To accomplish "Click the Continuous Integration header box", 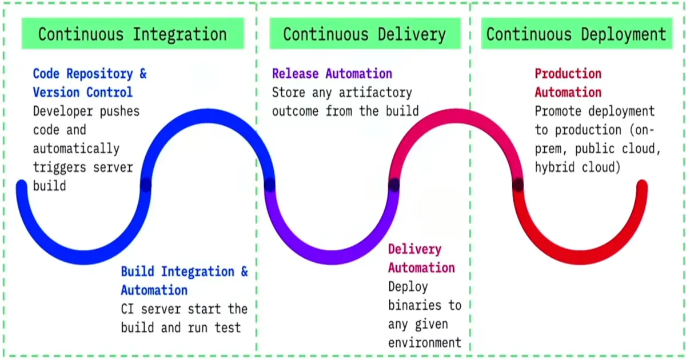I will tap(133, 34).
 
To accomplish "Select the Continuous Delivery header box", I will tap(364, 34).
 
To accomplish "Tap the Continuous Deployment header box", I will tap(576, 34).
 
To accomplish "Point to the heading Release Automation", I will tap(332, 74).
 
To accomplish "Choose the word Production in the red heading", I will tap(568, 74).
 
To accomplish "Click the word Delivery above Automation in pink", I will tap(414, 249).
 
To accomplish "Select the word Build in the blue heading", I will tap(137, 271).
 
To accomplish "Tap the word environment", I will tap(424, 343).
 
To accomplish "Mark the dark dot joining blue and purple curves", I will tap(270, 185).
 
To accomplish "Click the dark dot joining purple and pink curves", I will tap(394, 185).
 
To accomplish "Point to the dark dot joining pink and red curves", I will tap(518, 185).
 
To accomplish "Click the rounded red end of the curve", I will tap(641, 186).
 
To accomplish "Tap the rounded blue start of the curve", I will tap(22, 186).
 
